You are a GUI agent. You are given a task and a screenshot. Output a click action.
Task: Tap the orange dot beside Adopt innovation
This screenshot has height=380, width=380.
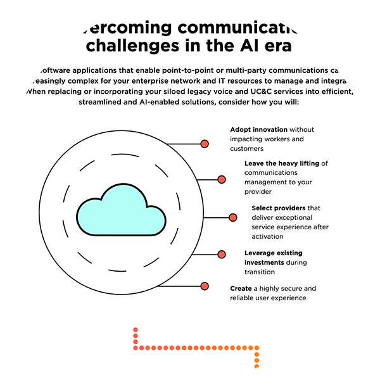(x=204, y=144)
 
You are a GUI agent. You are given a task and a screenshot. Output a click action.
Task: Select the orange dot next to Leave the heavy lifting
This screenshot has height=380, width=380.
(x=221, y=179)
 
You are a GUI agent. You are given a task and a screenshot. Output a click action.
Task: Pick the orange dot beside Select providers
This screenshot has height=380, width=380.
(x=232, y=217)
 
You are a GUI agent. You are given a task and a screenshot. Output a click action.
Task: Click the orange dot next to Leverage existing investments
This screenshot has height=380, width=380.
(x=221, y=253)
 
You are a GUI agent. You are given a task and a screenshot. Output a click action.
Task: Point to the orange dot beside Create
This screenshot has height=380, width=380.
(x=204, y=287)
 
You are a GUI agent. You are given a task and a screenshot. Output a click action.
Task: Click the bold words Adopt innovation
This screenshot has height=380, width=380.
(x=258, y=130)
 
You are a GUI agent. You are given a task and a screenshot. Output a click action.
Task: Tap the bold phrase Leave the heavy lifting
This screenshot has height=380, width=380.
(x=282, y=163)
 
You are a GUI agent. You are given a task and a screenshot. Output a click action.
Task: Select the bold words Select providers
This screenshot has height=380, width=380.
(x=278, y=208)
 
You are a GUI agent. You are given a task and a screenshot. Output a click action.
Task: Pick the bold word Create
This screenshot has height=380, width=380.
(x=241, y=288)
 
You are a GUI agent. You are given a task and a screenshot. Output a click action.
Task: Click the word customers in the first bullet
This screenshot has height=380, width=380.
(x=246, y=148)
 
